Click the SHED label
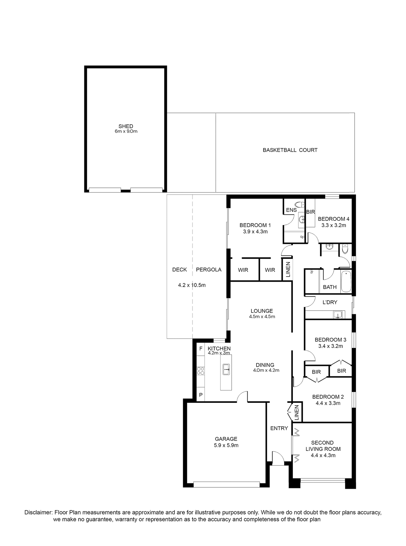click(126, 126)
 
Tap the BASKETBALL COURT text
click(290, 150)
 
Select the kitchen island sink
click(226, 369)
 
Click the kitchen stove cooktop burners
click(200, 371)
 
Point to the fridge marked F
click(201, 349)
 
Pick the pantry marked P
click(201, 395)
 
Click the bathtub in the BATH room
click(346, 282)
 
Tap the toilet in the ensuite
click(299, 205)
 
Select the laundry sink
click(337, 315)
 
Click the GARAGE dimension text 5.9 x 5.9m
click(226, 445)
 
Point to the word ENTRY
click(279, 428)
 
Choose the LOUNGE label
click(262, 311)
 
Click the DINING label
click(265, 365)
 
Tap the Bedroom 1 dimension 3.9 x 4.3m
click(255, 231)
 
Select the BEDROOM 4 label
click(333, 219)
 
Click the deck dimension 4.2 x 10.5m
click(192, 285)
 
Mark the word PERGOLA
click(208, 269)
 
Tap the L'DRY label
click(330, 302)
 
